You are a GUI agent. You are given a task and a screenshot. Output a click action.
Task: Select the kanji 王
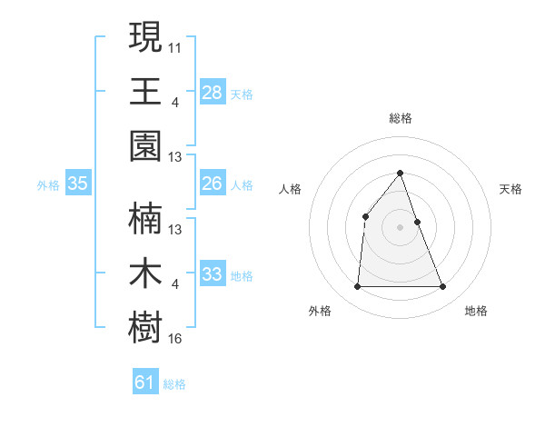tap(145, 92)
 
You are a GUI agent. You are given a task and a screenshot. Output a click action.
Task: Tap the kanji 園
tap(145, 145)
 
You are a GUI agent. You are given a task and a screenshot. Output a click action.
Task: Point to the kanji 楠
tap(145, 219)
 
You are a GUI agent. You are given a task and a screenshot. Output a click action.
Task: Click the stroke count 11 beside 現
tap(175, 47)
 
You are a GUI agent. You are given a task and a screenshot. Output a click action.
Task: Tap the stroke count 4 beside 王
tap(174, 102)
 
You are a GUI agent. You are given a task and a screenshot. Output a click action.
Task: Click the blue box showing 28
tap(212, 92)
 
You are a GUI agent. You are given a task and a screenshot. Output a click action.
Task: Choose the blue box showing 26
tap(212, 184)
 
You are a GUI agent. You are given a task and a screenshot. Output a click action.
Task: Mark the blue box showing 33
tap(212, 274)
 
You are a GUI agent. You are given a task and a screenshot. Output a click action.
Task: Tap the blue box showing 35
tap(78, 184)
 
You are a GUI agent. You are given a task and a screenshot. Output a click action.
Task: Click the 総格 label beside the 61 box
tap(174, 384)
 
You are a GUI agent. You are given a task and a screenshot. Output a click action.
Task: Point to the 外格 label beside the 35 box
tap(48, 185)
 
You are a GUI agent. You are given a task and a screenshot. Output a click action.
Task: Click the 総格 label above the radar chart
tap(401, 118)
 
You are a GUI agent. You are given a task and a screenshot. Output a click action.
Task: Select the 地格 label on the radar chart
tap(476, 311)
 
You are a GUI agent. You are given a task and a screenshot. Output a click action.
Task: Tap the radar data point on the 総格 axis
tap(401, 173)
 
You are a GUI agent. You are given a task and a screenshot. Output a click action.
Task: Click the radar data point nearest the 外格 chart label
tap(357, 287)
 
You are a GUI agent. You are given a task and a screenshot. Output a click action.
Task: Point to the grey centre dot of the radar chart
tap(401, 227)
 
